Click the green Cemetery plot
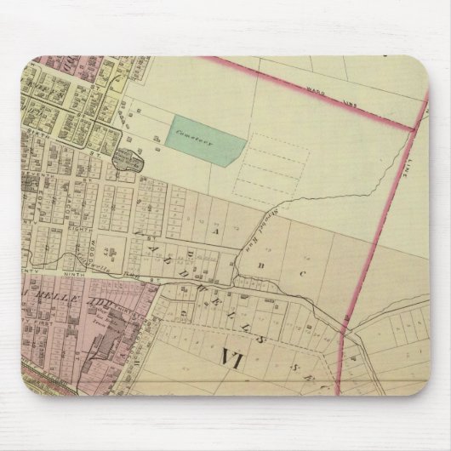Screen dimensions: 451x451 [x=203, y=137]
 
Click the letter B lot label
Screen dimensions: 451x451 [x=255, y=265]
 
